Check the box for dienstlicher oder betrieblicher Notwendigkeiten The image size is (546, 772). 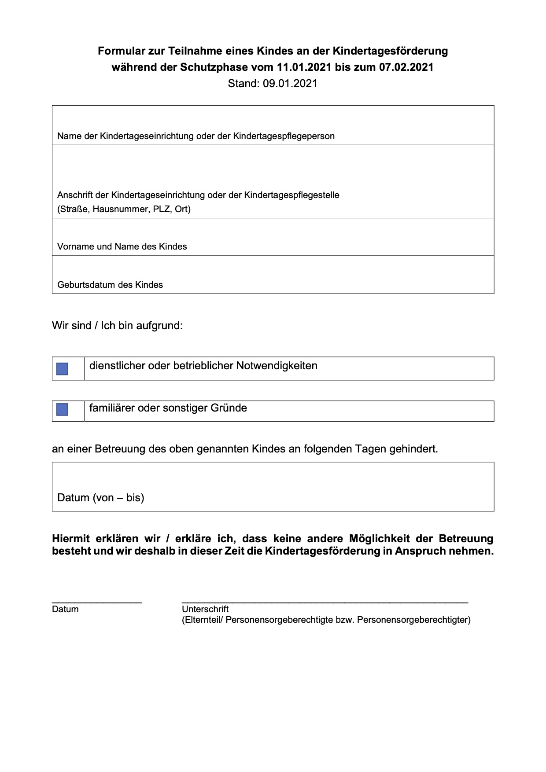point(63,369)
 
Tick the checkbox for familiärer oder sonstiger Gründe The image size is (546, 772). point(63,410)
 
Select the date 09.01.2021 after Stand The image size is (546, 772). point(290,84)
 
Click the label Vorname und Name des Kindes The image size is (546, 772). point(122,246)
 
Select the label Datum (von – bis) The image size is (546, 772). point(101,498)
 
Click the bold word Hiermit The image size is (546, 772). point(71,539)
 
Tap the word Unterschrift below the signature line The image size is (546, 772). point(205,609)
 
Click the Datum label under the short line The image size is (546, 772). point(65,609)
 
